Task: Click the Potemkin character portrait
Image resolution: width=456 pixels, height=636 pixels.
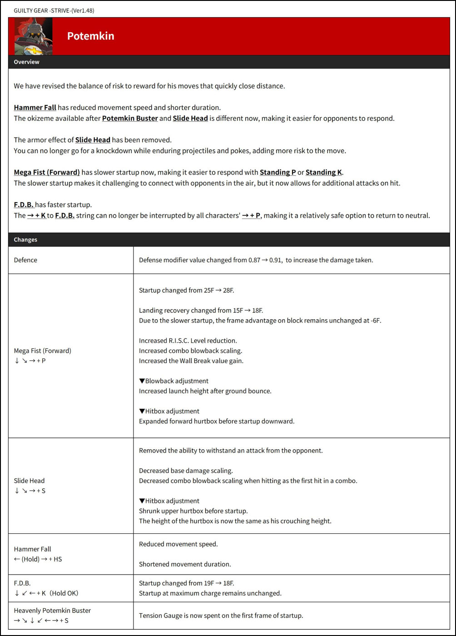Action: pyautogui.click(x=34, y=36)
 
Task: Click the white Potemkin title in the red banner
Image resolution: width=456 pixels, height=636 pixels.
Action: pyautogui.click(x=90, y=36)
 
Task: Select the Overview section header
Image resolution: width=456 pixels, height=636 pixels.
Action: pyautogui.click(x=26, y=62)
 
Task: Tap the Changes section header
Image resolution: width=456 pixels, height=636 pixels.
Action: pyautogui.click(x=25, y=239)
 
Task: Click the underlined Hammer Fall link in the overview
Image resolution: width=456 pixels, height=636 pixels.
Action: pyautogui.click(x=35, y=108)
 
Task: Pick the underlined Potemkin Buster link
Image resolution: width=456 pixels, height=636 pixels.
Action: pyautogui.click(x=130, y=118)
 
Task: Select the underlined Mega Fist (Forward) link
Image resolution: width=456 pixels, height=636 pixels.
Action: pyautogui.click(x=47, y=172)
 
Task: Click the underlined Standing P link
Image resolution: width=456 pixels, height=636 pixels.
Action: pyautogui.click(x=278, y=172)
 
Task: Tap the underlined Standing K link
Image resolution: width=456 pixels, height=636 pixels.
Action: pyautogui.click(x=323, y=172)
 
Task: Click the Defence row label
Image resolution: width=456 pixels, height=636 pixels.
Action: pyautogui.click(x=25, y=260)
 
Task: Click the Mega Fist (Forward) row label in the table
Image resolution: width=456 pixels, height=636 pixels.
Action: pyautogui.click(x=43, y=351)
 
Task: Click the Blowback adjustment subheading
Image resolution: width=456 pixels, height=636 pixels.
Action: pyautogui.click(x=173, y=381)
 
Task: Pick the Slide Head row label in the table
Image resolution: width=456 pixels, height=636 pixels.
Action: pyautogui.click(x=29, y=481)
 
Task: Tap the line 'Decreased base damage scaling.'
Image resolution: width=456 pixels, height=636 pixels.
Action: pyautogui.click(x=185, y=471)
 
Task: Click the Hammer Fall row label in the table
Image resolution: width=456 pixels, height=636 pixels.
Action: pyautogui.click(x=33, y=549)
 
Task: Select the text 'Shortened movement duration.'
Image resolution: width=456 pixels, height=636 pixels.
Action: pyautogui.click(x=185, y=564)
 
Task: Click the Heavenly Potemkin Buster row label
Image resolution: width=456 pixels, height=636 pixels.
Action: pyautogui.click(x=52, y=611)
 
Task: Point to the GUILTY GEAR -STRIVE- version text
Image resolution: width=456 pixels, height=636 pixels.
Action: pyautogui.click(x=54, y=10)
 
